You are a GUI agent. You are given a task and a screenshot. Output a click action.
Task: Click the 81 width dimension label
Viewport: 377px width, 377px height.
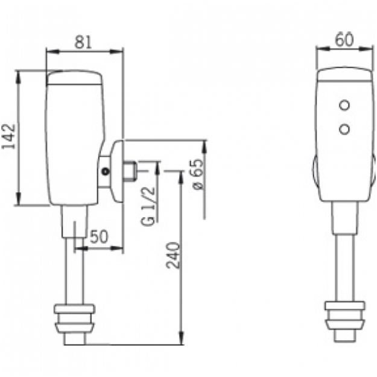(x=83, y=42)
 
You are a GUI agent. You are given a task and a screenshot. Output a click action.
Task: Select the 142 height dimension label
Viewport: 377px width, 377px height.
(x=8, y=136)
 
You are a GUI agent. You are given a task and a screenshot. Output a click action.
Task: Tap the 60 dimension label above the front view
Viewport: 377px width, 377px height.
(x=344, y=40)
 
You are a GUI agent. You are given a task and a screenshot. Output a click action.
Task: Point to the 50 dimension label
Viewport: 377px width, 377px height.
(x=99, y=236)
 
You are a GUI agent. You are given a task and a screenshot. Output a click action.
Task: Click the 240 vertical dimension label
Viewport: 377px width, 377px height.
(x=173, y=255)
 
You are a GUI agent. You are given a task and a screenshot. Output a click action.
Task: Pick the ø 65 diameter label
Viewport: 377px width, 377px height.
(x=198, y=174)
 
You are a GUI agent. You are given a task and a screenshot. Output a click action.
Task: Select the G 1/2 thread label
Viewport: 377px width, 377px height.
(x=148, y=206)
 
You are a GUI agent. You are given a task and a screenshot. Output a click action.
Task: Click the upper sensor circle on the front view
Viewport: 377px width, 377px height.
(x=344, y=105)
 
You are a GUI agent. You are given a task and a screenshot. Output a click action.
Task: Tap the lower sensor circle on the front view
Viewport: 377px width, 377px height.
(x=344, y=129)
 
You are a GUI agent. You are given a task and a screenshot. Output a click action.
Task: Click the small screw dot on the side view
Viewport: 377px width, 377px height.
(x=106, y=171)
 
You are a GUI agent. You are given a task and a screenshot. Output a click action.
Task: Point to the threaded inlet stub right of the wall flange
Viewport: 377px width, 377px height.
(x=130, y=171)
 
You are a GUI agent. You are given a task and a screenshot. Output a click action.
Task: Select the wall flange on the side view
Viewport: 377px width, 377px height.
(x=116, y=171)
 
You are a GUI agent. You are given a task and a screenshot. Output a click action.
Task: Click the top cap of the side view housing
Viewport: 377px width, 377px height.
(x=74, y=77)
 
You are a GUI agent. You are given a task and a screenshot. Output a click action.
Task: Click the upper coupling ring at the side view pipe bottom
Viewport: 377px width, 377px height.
(x=74, y=309)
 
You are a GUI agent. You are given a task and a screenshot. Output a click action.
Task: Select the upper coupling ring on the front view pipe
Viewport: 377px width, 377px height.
(x=345, y=306)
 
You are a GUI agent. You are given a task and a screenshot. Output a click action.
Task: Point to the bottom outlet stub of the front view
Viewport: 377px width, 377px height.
(x=344, y=335)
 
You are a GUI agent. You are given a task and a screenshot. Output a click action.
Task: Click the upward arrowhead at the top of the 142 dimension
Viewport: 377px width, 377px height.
(x=17, y=78)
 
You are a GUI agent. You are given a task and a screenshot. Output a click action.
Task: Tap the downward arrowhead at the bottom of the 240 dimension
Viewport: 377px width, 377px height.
(x=182, y=338)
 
